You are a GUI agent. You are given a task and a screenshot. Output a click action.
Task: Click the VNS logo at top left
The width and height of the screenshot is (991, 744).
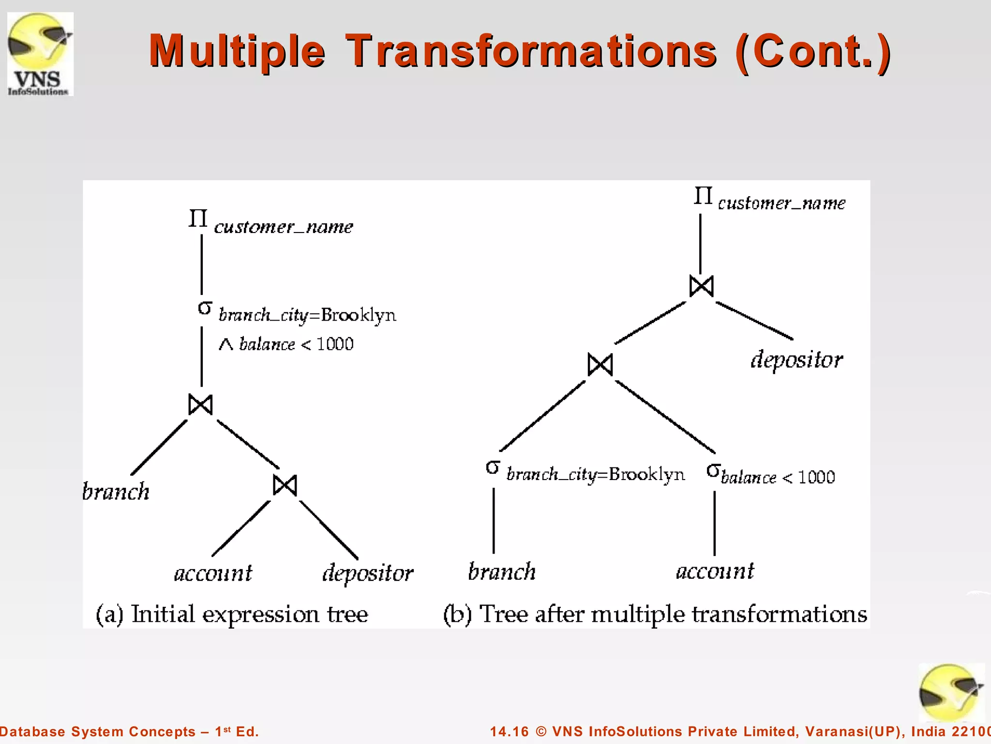pos(40,54)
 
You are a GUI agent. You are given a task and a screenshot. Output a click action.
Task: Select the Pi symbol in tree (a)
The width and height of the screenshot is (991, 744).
pos(198,218)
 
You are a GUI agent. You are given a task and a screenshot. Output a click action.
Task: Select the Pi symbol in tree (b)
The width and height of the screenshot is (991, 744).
pos(703,196)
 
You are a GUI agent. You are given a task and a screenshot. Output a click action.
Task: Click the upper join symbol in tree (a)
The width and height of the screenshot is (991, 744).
pos(200,404)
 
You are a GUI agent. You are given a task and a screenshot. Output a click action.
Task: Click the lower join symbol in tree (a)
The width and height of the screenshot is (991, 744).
pos(285,485)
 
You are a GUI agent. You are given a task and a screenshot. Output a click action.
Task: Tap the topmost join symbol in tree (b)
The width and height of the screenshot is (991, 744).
pos(701,286)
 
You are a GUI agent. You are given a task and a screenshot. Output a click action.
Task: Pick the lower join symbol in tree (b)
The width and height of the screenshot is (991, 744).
pos(600,365)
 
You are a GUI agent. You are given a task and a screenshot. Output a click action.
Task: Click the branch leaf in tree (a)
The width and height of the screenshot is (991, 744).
pos(116,492)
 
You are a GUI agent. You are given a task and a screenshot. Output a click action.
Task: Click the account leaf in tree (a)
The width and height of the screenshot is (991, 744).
pos(213,573)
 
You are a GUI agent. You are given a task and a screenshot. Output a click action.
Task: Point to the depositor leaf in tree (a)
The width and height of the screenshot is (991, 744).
pos(368,573)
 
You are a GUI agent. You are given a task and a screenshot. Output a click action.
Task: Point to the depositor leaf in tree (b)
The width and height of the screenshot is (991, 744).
pos(796,360)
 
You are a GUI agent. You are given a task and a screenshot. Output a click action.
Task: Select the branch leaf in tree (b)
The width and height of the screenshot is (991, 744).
pos(502,572)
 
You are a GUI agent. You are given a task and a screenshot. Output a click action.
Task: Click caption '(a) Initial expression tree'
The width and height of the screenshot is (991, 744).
pos(232,614)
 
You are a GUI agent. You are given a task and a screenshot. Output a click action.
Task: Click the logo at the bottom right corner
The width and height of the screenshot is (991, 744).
pos(951,693)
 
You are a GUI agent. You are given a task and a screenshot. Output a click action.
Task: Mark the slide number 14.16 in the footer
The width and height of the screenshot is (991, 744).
pos(509,731)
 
